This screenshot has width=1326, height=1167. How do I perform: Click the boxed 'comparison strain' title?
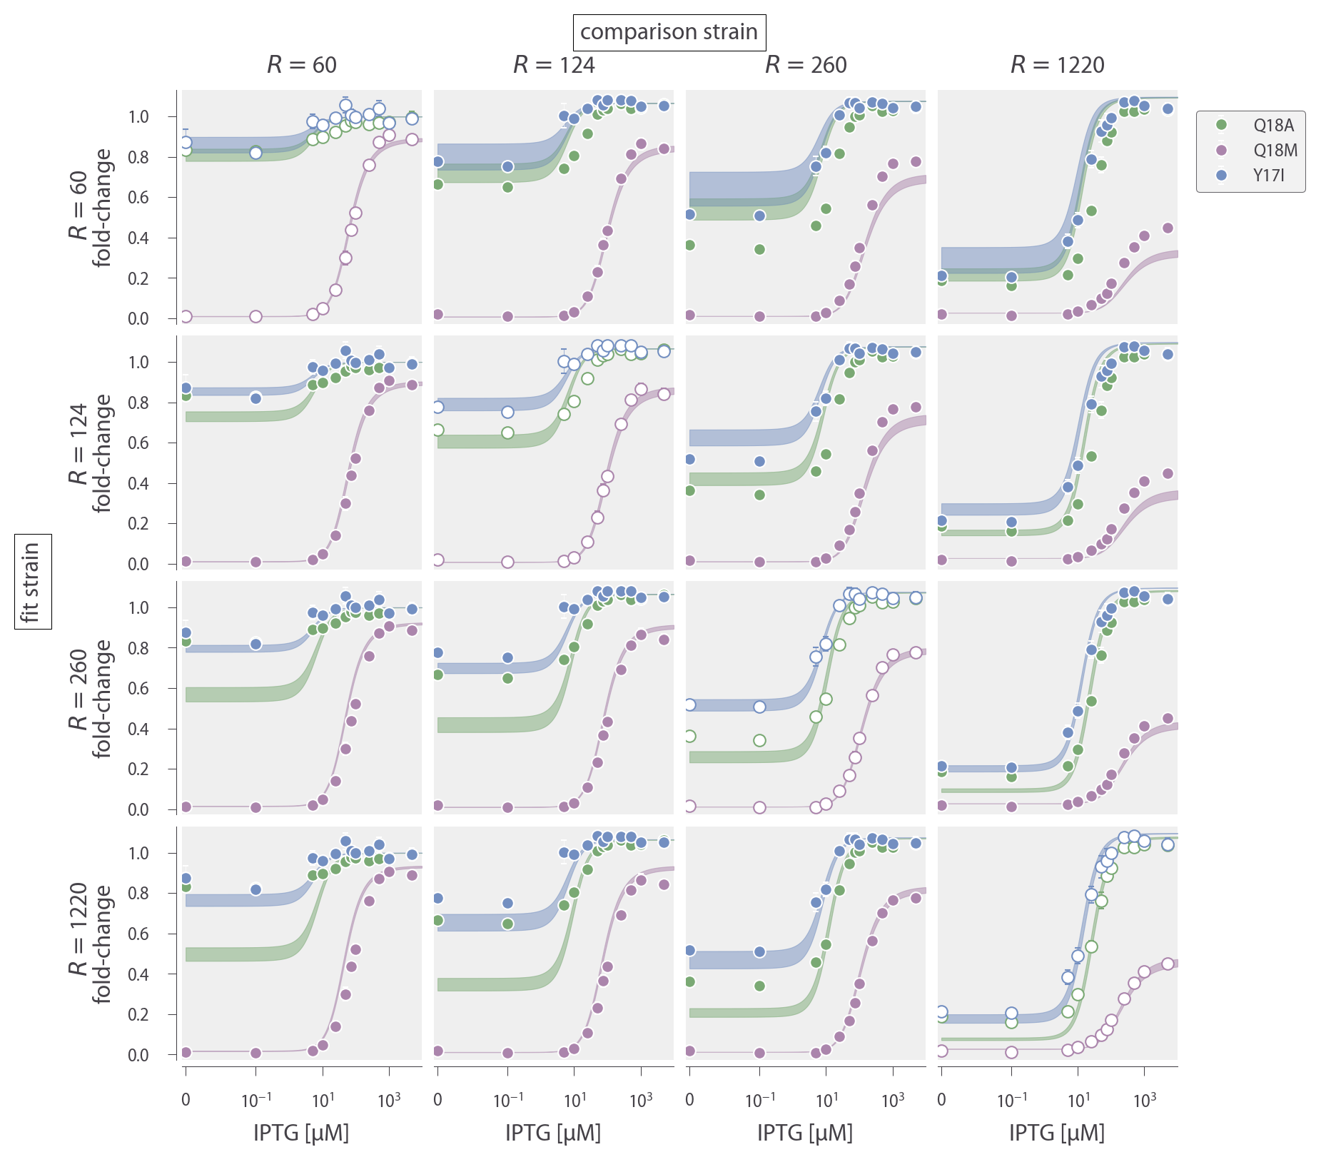click(669, 32)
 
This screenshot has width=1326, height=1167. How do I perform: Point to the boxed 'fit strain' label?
click(32, 582)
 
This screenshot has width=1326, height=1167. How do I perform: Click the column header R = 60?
click(301, 65)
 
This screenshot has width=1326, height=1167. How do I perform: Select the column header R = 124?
click(554, 65)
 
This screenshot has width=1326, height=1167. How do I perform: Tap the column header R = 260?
click(806, 65)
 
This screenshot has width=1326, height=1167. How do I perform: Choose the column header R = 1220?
click(1057, 65)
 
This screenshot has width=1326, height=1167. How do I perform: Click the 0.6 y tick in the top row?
click(138, 198)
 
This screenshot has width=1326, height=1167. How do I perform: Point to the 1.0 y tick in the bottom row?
click(138, 854)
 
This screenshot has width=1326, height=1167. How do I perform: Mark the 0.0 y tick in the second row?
click(138, 565)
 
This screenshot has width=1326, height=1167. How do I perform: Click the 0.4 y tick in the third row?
click(138, 729)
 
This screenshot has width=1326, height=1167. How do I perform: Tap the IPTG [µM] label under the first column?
click(301, 1133)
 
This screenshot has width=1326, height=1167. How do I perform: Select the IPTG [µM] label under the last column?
click(1057, 1133)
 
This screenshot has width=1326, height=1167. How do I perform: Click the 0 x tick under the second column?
click(437, 1100)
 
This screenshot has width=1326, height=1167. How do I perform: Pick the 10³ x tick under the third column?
click(893, 1100)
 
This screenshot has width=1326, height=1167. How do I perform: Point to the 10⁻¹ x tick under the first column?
click(256, 1100)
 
